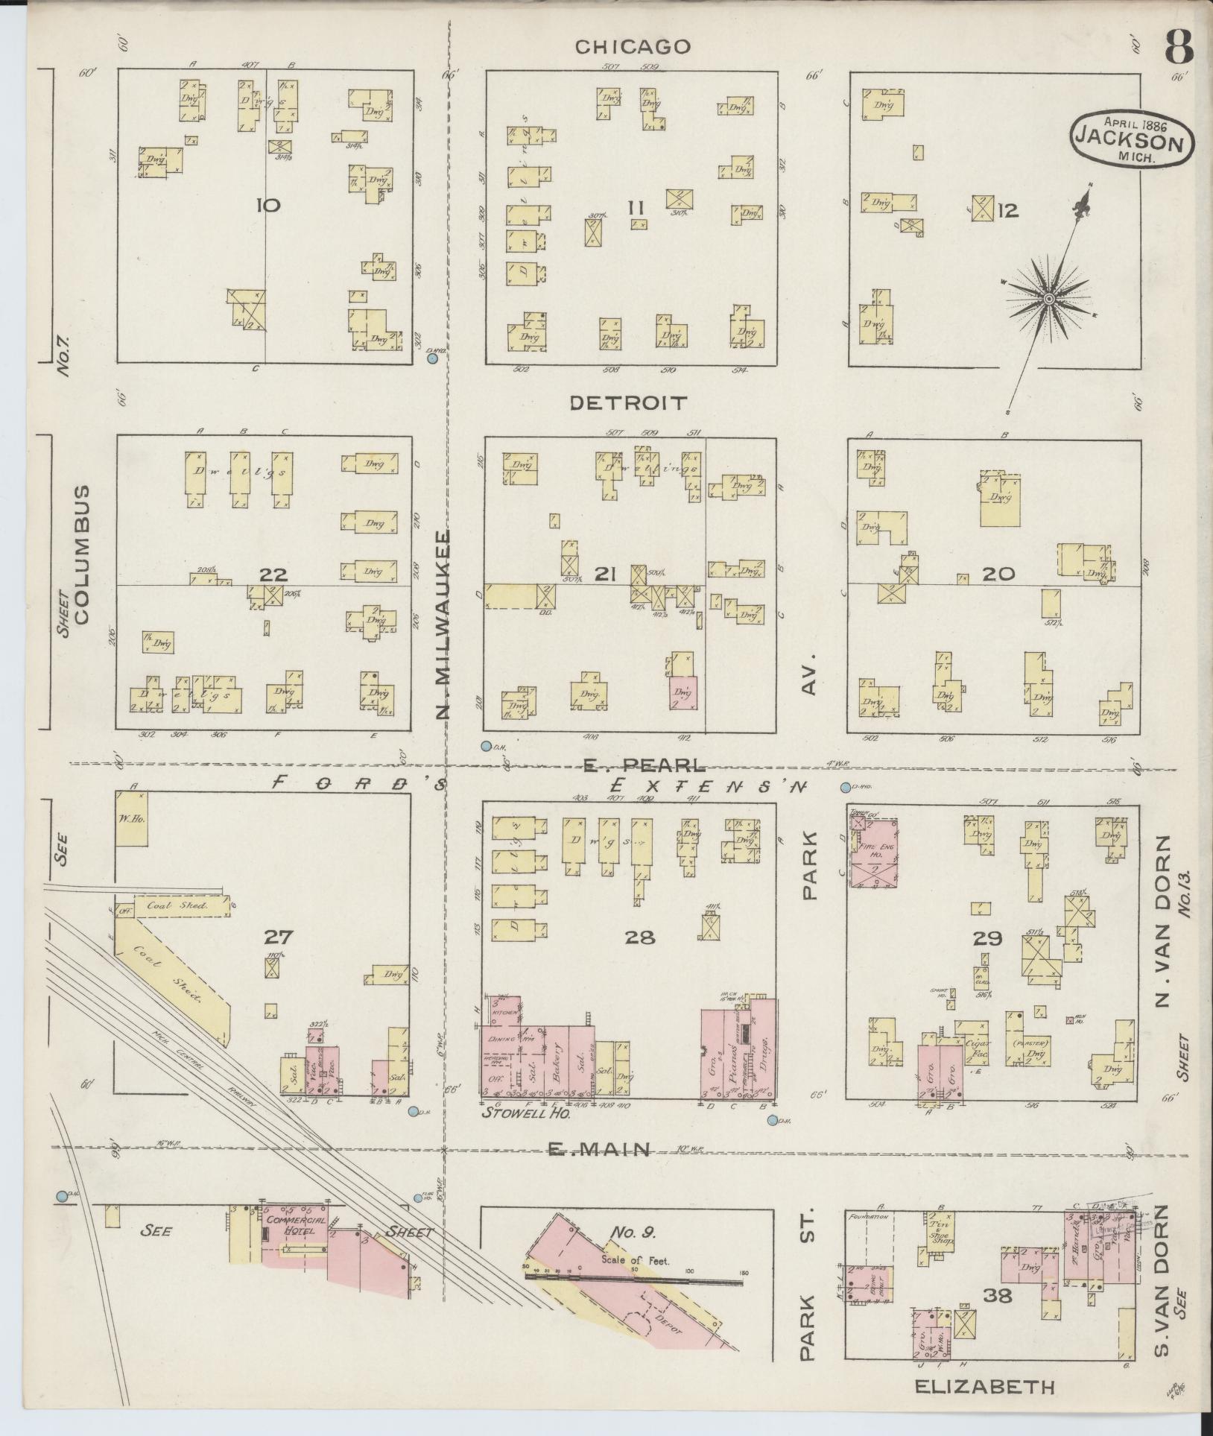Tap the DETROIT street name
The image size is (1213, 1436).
[x=627, y=403]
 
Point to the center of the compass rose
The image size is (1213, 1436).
[x=1048, y=299]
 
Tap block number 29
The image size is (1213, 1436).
[x=986, y=938]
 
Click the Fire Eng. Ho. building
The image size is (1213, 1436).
[x=873, y=853]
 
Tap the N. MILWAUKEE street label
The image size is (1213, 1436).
[x=443, y=626]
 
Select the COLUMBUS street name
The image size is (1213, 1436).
[x=82, y=554]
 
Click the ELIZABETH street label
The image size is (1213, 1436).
[x=984, y=1387]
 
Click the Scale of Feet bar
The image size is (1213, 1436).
[x=633, y=1274]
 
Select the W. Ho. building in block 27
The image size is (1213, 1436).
[x=131, y=818]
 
